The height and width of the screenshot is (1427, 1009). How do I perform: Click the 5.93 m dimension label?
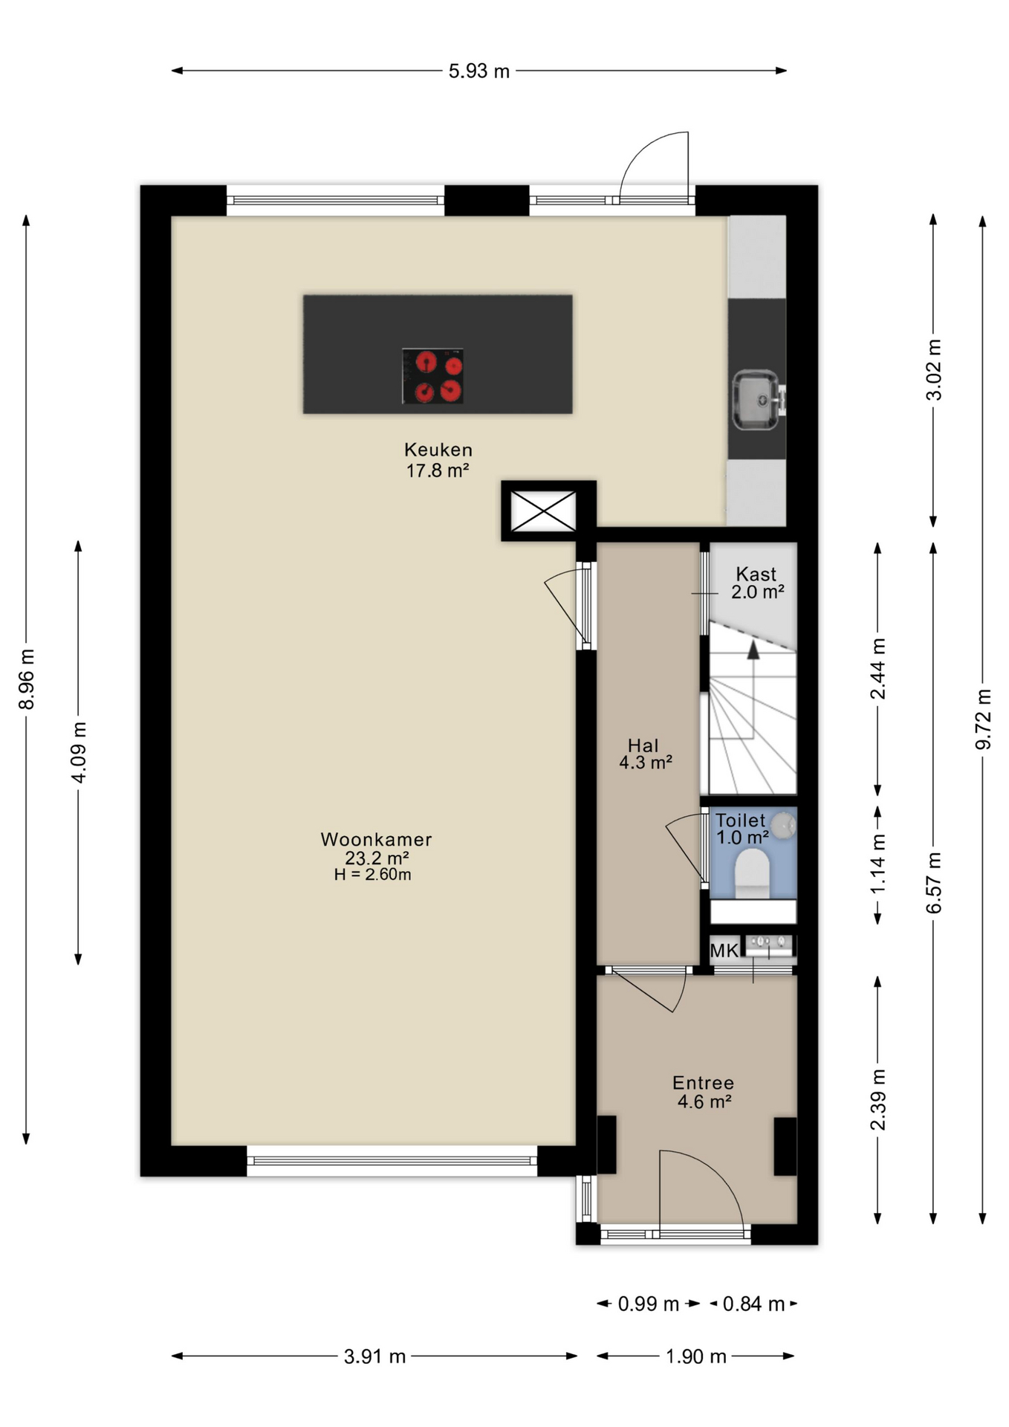point(479,71)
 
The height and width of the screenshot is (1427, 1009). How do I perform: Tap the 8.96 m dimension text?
point(27,679)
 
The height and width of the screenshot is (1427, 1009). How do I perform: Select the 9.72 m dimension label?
point(983,719)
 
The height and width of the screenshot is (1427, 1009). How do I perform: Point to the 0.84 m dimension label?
point(753,1304)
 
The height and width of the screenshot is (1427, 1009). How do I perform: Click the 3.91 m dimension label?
point(374,1356)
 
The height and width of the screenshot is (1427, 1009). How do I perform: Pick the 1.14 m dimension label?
point(878,864)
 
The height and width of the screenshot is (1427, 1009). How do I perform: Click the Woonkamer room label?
point(376,839)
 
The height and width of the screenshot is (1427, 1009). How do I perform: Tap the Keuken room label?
point(438,450)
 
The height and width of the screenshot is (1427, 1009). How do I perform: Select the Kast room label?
point(756,574)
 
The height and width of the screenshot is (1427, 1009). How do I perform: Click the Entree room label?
point(703,1083)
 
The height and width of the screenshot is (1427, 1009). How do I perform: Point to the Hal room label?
point(643,745)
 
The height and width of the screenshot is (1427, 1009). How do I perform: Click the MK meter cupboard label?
point(724,951)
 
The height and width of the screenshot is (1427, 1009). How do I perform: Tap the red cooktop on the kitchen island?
point(433,376)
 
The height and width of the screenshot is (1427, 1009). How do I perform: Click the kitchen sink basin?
point(756,401)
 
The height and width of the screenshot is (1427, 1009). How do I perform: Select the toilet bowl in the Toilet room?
point(752,873)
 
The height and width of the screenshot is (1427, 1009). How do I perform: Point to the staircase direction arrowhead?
point(753,650)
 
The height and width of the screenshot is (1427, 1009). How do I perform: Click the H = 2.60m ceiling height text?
point(372,875)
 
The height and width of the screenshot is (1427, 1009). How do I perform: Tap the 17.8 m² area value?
point(438,470)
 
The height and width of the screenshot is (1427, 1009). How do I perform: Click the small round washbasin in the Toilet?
point(782,825)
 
